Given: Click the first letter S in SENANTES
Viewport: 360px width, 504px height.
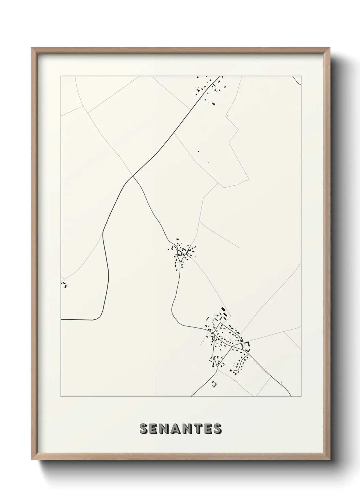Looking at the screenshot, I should click(x=143, y=429).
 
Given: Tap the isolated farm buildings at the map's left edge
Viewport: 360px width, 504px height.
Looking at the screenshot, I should click(x=64, y=284).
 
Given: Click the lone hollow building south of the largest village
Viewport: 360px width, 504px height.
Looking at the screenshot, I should click(x=214, y=384).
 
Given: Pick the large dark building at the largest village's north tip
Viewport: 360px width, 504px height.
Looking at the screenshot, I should click(x=224, y=311).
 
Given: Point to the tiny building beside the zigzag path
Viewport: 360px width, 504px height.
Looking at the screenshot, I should click(x=227, y=116).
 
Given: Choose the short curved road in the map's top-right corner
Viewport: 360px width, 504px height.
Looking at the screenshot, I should click(x=297, y=80).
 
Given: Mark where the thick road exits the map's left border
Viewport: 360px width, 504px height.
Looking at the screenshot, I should click(x=61, y=319).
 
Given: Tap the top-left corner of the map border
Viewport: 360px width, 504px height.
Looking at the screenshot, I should click(x=61, y=76).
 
